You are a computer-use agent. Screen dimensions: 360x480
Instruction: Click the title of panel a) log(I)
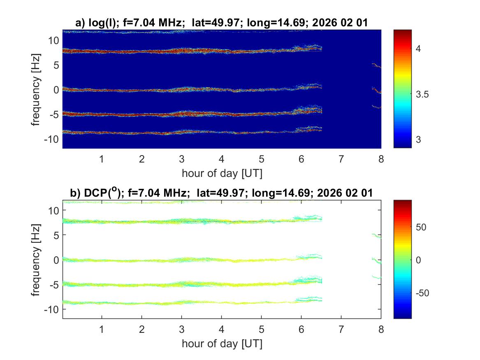click(222, 23)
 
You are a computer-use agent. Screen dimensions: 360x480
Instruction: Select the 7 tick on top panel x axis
click(341, 159)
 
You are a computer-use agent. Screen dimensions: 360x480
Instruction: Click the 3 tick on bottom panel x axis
click(181, 329)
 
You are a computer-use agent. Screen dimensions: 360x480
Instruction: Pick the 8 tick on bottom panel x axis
click(381, 329)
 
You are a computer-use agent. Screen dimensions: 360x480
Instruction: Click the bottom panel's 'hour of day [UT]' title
click(222, 343)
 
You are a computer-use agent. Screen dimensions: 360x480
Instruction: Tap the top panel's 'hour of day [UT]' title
click(222, 173)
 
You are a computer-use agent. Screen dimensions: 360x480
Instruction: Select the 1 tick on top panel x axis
click(102, 159)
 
